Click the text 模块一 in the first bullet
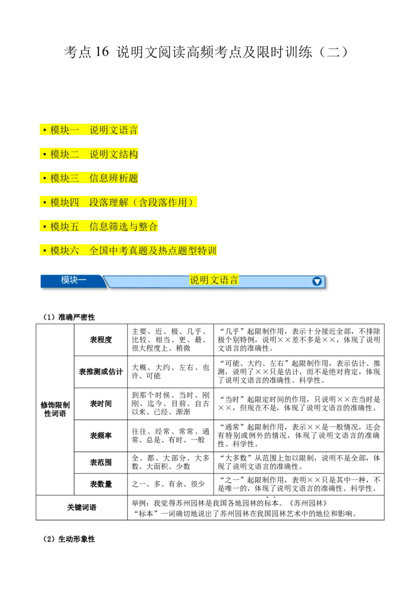[65, 130]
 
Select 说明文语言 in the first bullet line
[114, 130]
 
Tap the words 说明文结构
[114, 155]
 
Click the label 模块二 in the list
[65, 155]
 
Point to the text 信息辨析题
[114, 179]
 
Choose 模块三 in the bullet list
[65, 179]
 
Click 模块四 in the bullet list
[65, 203]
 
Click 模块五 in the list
[65, 227]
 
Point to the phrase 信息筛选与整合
[124, 227]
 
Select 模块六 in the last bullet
[65, 251]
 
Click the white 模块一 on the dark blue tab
[74, 280]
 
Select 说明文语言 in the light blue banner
[214, 280]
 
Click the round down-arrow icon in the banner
[317, 281]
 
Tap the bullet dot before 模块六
[45, 251]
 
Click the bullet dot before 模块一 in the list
[45, 130]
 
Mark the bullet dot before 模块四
[45, 203]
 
